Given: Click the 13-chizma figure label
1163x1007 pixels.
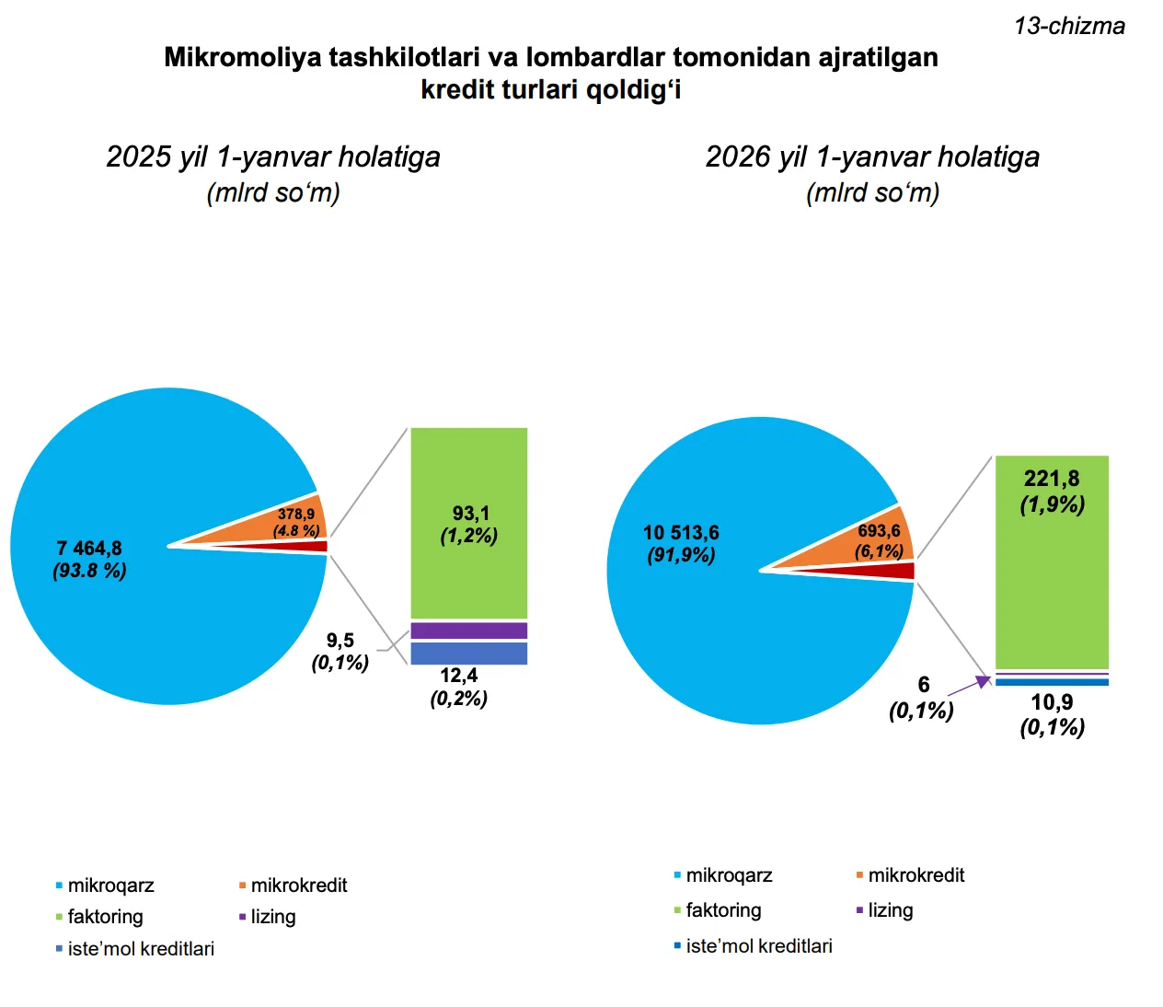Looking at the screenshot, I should (1069, 26).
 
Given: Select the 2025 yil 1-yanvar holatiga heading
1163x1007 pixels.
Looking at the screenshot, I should (273, 156).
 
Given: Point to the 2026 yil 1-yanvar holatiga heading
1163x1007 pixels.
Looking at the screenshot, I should (872, 156).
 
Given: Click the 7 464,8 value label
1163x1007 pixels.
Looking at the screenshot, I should (89, 549).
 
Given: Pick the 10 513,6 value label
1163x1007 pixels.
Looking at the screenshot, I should (681, 533).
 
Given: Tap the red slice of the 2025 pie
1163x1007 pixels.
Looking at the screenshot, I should (313, 546).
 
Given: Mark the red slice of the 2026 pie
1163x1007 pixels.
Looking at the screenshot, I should (897, 571).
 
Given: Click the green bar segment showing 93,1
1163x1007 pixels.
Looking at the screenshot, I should (469, 523).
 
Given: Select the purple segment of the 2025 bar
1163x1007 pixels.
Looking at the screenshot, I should (469, 631).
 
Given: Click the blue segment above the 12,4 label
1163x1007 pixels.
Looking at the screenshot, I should (469, 653).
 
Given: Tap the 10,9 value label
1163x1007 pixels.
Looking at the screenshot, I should (1052, 702).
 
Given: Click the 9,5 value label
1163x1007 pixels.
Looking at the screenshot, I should (340, 641).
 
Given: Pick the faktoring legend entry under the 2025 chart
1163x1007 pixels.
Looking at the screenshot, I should (105, 917).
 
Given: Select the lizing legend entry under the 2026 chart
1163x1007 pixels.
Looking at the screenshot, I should (890, 910).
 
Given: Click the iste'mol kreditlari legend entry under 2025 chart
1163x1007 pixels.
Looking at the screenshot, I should (140, 949).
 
